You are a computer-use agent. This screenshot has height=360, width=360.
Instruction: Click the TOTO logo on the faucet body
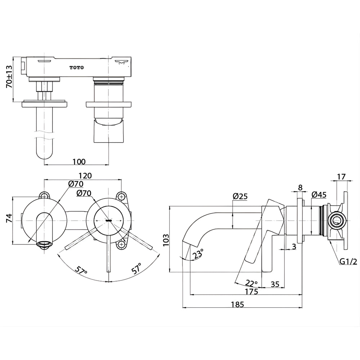point(77,68)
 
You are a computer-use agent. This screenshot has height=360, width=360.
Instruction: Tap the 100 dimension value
point(79,162)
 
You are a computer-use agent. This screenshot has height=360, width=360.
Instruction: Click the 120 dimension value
point(85,176)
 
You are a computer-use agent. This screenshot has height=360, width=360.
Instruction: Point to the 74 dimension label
point(9,218)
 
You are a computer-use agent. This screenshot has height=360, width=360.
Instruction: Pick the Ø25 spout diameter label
point(240,196)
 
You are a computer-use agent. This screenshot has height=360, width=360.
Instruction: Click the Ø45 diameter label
point(319,195)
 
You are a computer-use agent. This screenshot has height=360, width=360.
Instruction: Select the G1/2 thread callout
point(348,261)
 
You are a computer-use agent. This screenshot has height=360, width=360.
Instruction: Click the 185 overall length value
point(237,305)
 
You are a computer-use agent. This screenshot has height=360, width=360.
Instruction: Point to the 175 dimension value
point(251,292)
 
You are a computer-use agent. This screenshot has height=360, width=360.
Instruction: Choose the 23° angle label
point(198,254)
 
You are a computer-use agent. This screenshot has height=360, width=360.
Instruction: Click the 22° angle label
point(251,283)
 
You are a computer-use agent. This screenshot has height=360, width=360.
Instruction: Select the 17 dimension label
point(341,177)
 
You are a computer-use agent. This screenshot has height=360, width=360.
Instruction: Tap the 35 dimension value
point(275,284)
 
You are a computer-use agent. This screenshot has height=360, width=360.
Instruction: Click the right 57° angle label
point(136,269)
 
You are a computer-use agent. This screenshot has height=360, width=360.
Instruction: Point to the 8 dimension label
point(300,188)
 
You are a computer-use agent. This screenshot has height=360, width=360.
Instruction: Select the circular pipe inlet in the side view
point(337,220)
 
